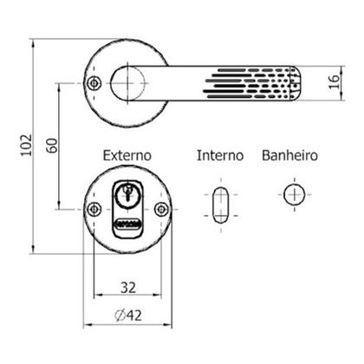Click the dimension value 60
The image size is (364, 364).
[x=52, y=145]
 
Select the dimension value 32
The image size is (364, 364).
[x=127, y=285]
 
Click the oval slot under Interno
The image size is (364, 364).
[x=220, y=205]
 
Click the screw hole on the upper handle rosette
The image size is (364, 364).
[x=94, y=82]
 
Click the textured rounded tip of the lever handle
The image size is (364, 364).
[x=292, y=82]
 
